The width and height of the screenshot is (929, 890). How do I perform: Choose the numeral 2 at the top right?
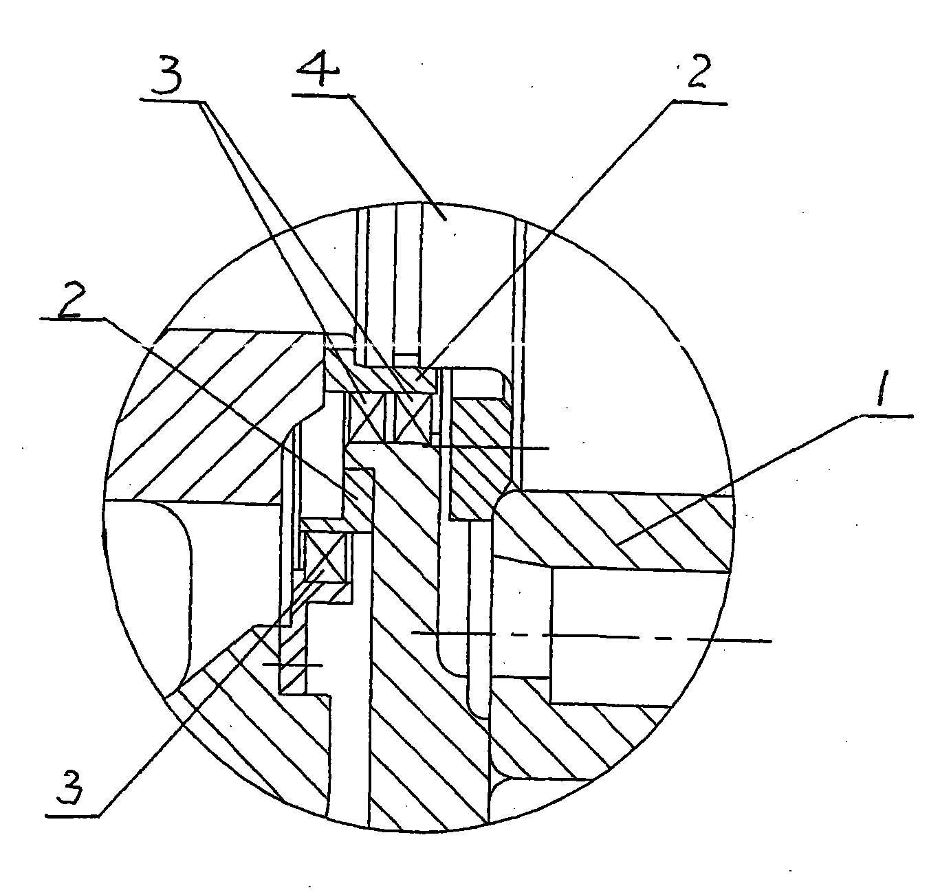tap(699, 70)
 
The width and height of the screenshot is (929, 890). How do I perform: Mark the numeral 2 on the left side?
tap(69, 300)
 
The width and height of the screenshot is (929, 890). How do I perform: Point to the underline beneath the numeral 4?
tap(324, 96)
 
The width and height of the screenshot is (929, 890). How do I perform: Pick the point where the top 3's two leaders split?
tap(204, 102)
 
